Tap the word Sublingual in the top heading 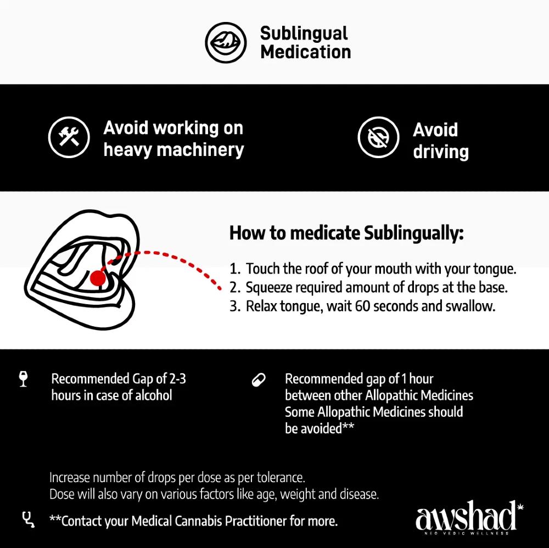tap(304, 33)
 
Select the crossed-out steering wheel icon tap(378, 137)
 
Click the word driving tap(440, 152)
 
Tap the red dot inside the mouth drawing tap(98, 278)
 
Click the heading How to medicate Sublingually tap(346, 233)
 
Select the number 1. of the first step tap(235, 269)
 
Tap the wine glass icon tap(24, 379)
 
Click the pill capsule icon tap(258, 379)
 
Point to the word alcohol tap(150, 395)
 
